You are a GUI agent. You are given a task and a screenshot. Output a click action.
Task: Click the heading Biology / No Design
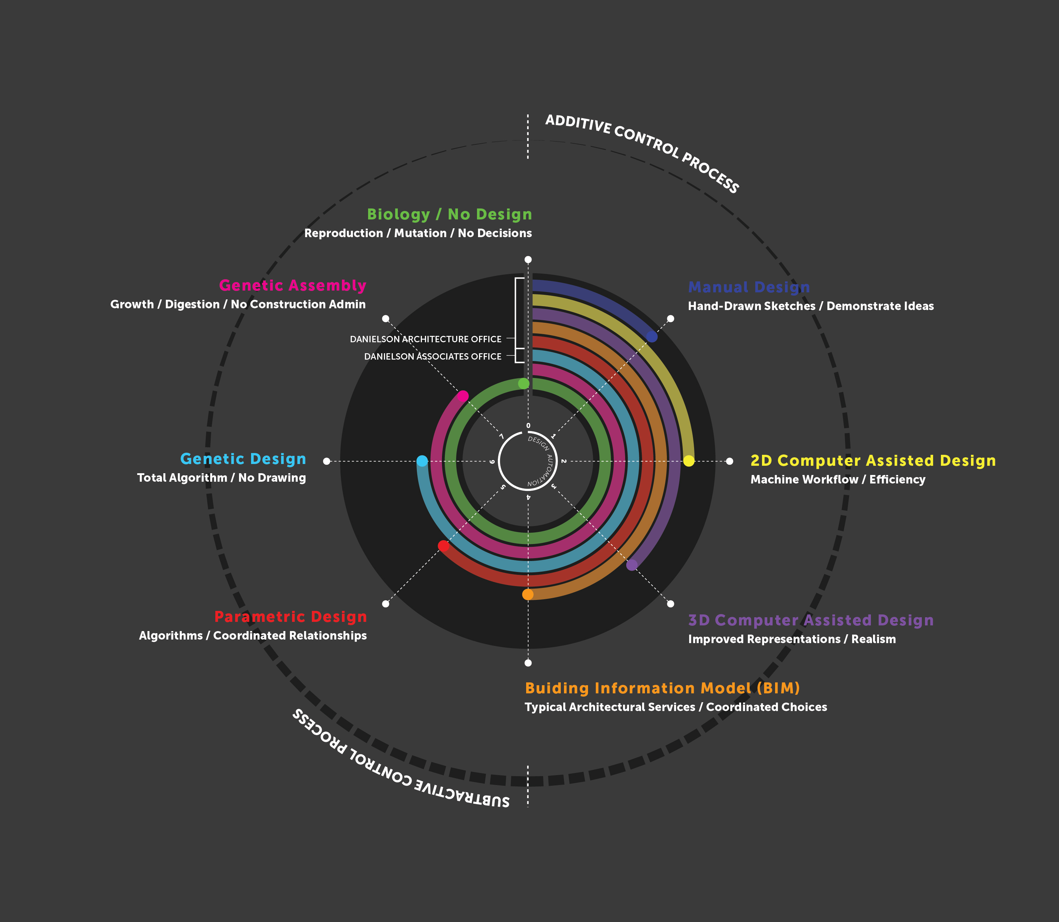pos(449,214)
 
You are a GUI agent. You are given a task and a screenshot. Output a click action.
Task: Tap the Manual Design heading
pos(749,287)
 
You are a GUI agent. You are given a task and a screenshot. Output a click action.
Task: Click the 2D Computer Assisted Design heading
pos(873,460)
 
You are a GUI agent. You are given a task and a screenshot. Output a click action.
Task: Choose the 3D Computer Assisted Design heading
pos(811,620)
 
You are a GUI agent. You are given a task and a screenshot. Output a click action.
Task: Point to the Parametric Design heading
pos(290,617)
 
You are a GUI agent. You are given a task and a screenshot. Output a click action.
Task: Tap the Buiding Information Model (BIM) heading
pos(662,688)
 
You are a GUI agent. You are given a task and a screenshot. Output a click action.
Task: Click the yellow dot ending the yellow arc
pos(689,461)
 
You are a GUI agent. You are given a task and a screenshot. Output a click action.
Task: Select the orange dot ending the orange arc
pos(528,594)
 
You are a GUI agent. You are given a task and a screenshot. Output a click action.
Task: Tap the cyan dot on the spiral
pos(422,461)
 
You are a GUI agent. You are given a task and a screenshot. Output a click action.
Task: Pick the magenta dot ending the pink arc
pos(462,396)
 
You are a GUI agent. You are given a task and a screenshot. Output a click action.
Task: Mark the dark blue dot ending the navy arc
pos(652,337)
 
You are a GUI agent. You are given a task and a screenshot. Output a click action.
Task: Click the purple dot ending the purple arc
pos(632,565)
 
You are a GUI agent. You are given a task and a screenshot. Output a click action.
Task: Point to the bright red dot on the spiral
pos(443,546)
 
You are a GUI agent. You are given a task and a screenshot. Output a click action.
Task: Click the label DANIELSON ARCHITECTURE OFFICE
pos(426,339)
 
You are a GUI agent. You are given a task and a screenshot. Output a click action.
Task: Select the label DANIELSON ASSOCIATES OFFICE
pos(432,356)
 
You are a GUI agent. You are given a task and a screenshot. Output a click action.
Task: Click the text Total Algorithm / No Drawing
pos(222,477)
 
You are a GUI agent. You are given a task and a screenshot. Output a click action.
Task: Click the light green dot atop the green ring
pos(523,383)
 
